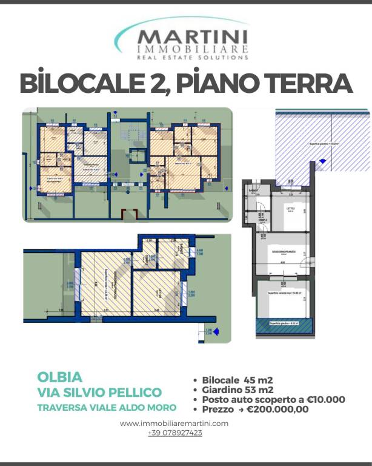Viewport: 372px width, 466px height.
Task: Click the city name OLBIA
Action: (x=59, y=376)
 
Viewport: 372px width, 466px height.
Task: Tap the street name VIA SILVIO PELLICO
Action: (x=99, y=392)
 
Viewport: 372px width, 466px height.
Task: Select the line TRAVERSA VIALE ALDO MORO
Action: (x=107, y=407)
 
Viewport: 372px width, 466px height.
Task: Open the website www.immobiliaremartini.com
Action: (x=174, y=423)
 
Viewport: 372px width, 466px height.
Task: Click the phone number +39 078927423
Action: (x=174, y=433)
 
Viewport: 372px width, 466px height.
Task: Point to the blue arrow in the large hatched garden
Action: (x=321, y=161)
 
